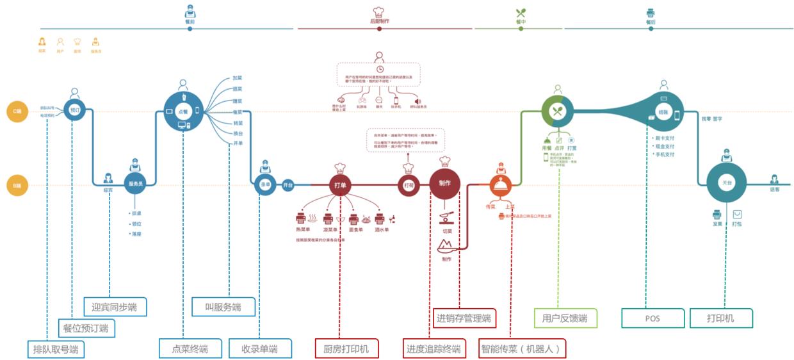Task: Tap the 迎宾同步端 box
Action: click(x=115, y=307)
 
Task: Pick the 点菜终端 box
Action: click(x=190, y=349)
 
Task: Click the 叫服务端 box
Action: click(x=223, y=307)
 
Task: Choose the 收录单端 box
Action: click(x=260, y=349)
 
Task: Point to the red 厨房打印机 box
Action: click(x=346, y=349)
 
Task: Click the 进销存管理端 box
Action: click(x=464, y=318)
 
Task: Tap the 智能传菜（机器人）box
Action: click(x=523, y=349)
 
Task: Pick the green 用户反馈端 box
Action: click(x=565, y=318)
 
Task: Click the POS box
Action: click(x=652, y=318)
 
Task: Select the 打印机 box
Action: click(x=720, y=318)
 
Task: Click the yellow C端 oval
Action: click(x=18, y=111)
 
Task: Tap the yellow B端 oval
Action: click(x=18, y=186)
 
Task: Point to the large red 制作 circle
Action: click(x=445, y=184)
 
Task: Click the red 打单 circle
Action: click(x=341, y=185)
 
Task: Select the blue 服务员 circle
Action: click(x=135, y=184)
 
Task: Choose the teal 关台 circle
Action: click(x=726, y=183)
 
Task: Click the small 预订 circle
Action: click(x=74, y=110)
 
